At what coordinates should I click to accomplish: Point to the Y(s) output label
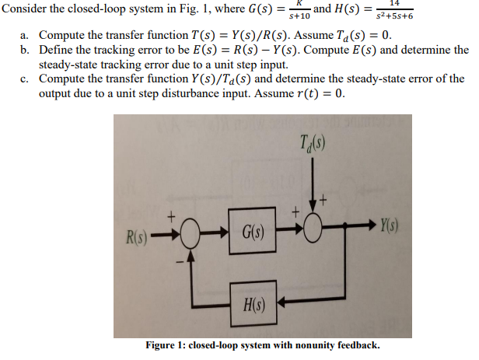390,226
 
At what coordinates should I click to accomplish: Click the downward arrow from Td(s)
316,190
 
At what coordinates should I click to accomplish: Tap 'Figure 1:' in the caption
166,345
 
